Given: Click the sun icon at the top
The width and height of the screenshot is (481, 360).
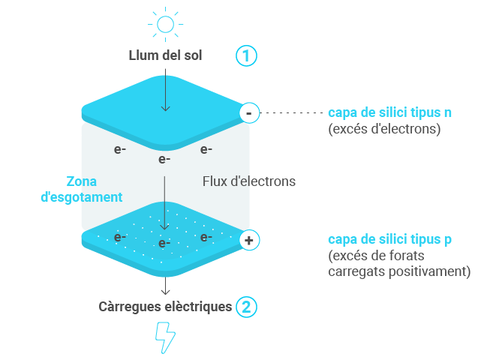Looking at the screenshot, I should tap(165, 24).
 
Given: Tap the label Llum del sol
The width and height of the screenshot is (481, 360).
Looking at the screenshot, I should tap(165, 55).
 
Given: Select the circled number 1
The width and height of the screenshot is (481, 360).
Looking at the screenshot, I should tap(246, 55).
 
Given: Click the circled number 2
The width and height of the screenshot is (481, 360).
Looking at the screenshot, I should tap(246, 307).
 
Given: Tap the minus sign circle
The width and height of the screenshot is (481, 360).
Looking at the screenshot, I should tap(248, 113).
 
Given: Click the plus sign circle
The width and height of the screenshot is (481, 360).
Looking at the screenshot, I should tap(248, 241).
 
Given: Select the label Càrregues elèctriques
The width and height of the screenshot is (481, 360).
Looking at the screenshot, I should tap(165, 307).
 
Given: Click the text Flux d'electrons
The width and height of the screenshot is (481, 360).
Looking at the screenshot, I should tap(249, 181).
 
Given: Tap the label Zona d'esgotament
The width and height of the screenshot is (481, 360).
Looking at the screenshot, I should tap(92, 189).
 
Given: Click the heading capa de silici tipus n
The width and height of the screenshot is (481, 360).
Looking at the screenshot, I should tap(389, 112).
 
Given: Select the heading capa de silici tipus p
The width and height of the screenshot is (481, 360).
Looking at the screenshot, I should tap(389, 239).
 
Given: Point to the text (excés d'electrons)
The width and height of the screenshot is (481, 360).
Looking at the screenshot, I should tap(383, 128).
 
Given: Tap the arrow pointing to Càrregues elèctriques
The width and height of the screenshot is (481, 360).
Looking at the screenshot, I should tap(165, 285).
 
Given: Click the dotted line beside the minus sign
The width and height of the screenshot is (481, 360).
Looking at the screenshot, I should tap(289, 113).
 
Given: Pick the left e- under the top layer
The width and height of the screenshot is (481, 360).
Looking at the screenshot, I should tap(120, 149).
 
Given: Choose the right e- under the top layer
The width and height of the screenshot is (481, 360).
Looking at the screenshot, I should tap(206, 149).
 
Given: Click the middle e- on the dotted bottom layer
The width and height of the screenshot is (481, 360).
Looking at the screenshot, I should tap(164, 244).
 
